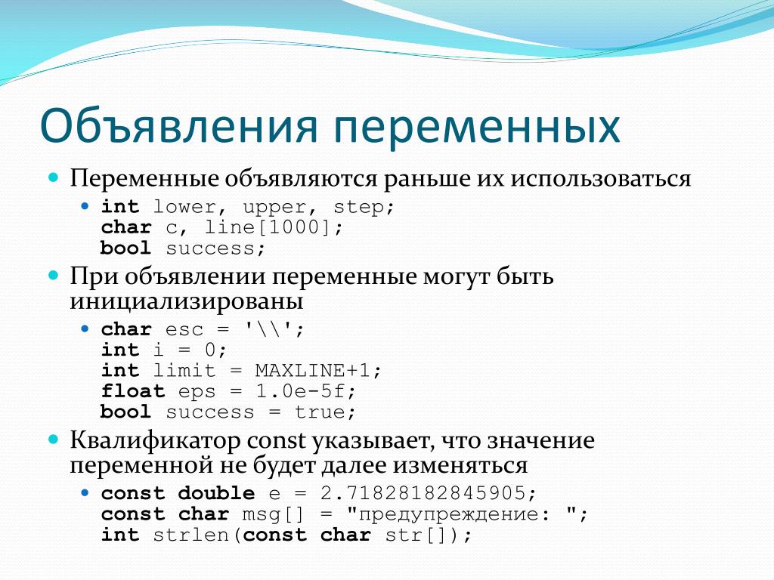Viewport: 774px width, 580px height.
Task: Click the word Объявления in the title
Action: point(178,126)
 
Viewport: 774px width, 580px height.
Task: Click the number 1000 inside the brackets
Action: point(294,227)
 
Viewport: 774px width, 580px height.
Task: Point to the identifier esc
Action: point(184,329)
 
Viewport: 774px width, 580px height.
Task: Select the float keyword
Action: point(133,390)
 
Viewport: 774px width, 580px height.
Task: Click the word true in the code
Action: point(320,412)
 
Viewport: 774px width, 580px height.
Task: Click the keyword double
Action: point(217,492)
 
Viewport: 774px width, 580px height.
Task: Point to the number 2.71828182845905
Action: point(423,493)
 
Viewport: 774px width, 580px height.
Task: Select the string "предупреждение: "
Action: point(462,514)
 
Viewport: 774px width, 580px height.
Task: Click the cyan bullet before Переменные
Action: point(54,177)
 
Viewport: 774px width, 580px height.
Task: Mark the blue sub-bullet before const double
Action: point(85,492)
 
